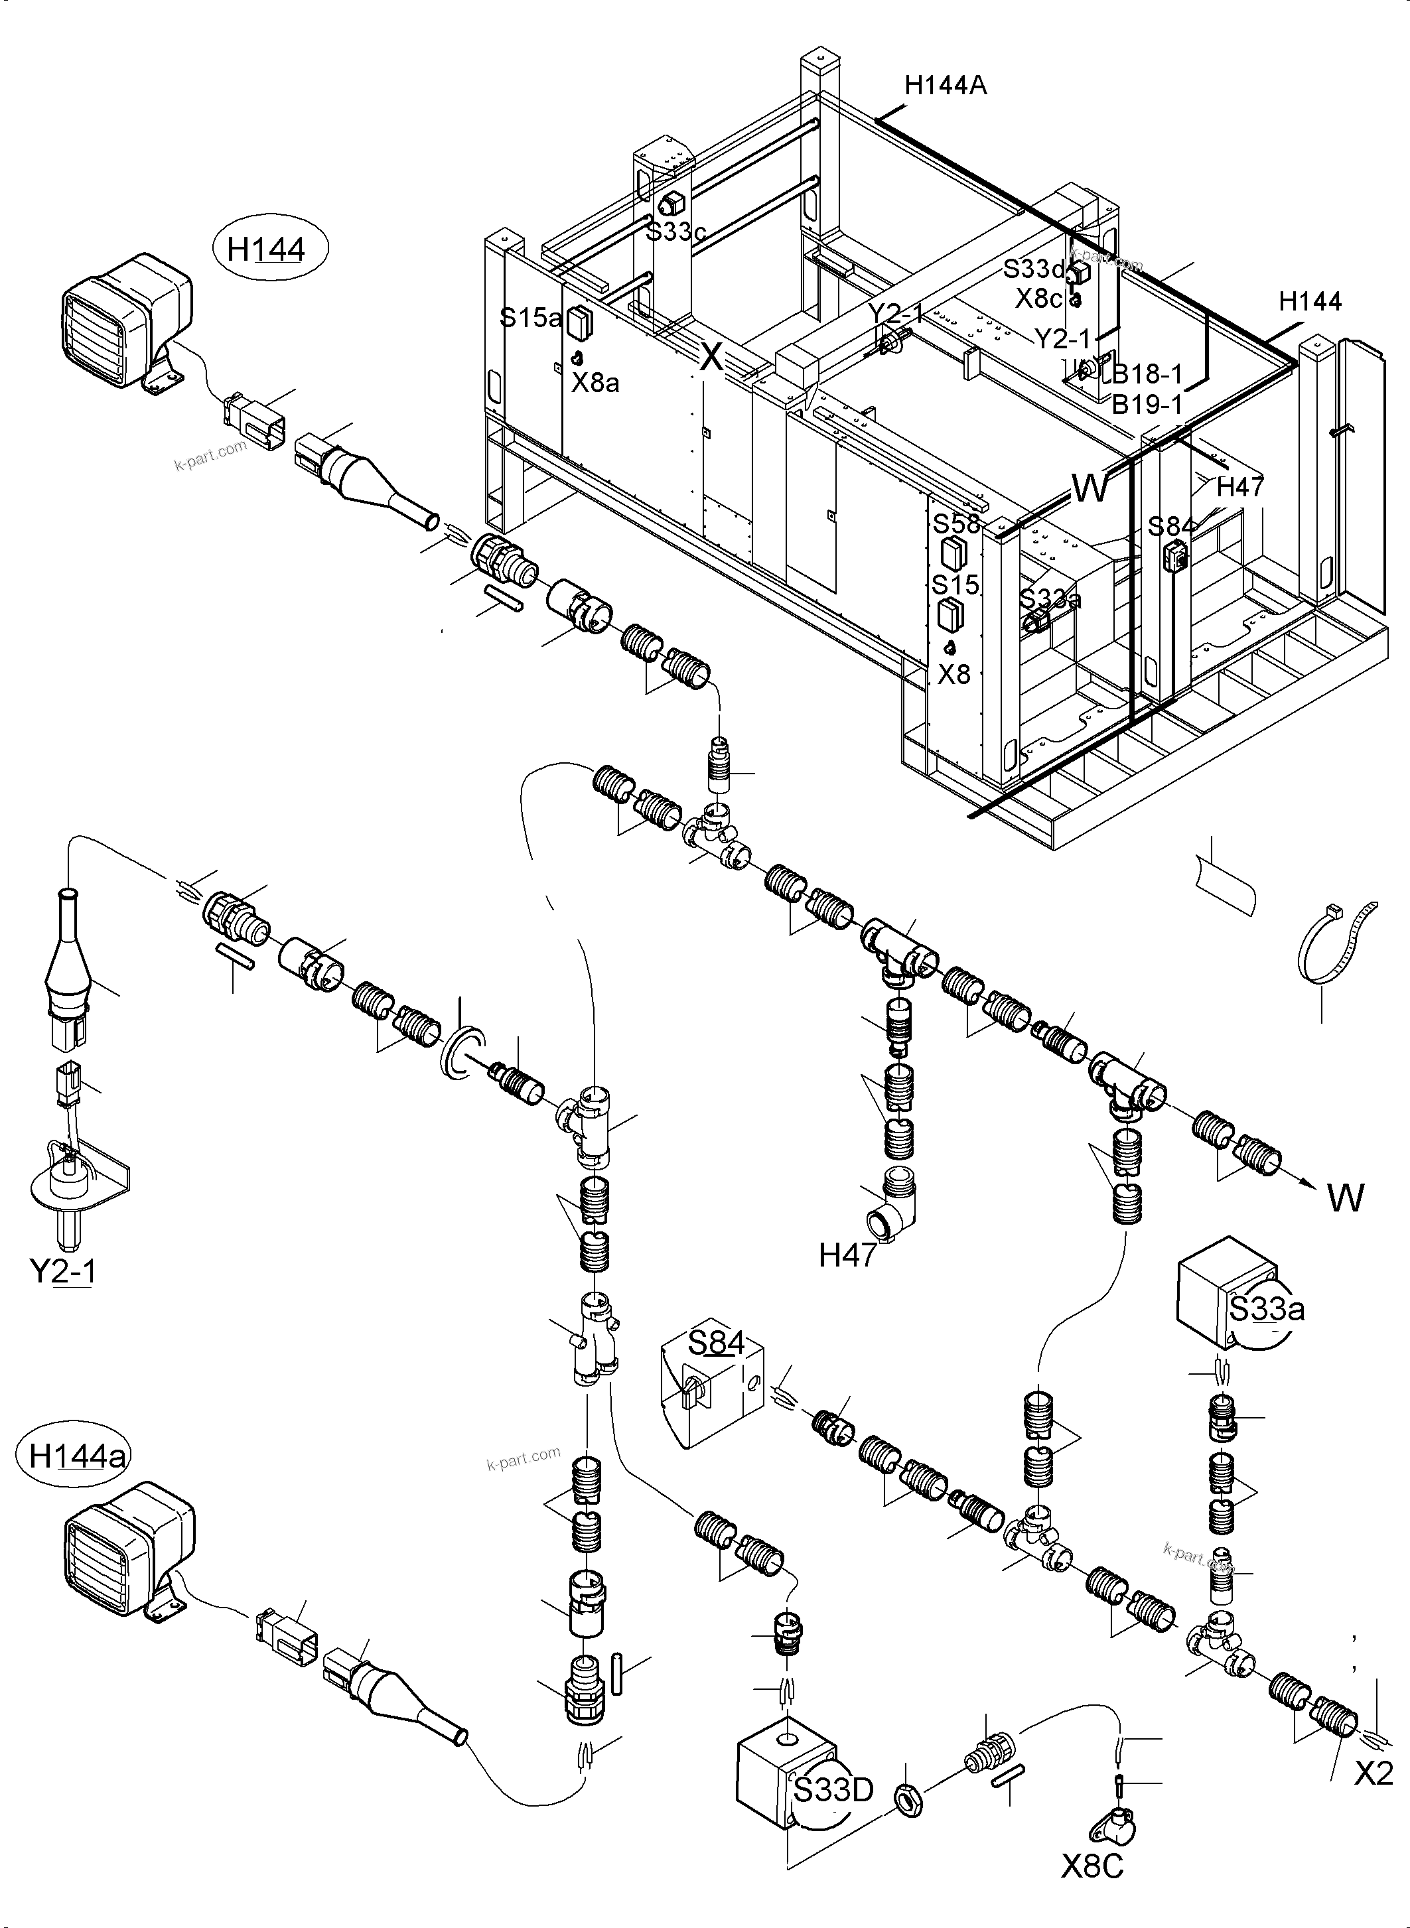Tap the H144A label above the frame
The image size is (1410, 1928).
pos(945,86)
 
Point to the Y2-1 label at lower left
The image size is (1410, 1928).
pos(62,1271)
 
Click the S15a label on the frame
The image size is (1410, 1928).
pos(530,318)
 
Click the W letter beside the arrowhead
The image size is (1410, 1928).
pos(1346,1199)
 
